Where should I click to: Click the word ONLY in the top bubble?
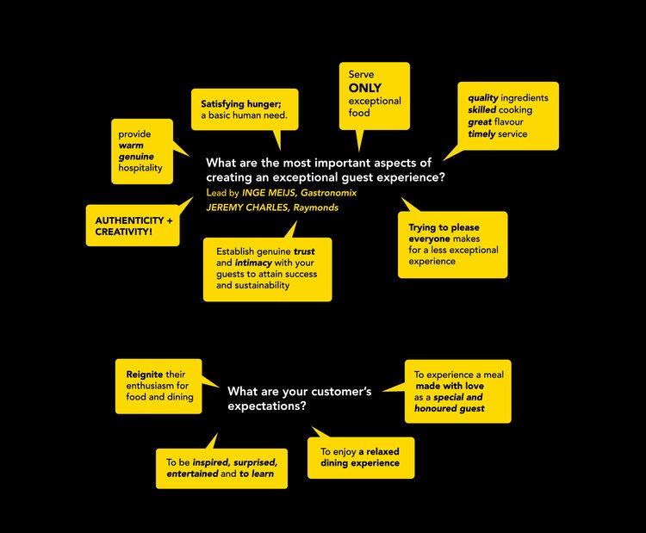click(366, 88)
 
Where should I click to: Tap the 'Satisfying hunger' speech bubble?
click(245, 109)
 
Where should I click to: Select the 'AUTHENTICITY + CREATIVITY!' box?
click(134, 225)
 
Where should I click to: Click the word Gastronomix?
click(328, 193)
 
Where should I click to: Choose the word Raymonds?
click(316, 208)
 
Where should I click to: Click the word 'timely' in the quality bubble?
click(482, 134)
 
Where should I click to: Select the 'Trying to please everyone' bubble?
click(451, 244)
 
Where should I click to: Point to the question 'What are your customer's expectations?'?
click(299, 398)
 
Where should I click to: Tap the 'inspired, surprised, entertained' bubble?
click(221, 468)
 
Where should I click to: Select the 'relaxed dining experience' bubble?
click(360, 457)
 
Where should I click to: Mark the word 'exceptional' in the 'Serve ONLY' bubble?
click(375, 101)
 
